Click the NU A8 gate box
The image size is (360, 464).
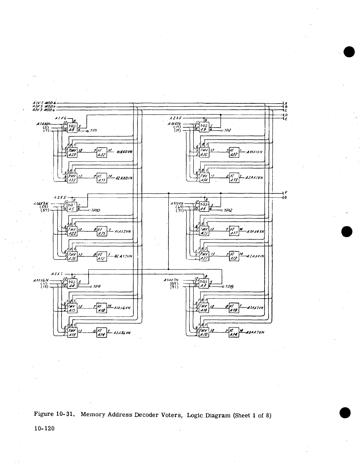pyautogui.click(x=72, y=128)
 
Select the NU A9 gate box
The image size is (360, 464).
pyautogui.click(x=204, y=128)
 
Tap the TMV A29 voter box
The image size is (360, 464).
pyautogui.click(x=72, y=153)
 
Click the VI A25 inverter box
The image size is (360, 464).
pyautogui.click(x=101, y=231)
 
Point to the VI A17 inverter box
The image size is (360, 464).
pyautogui.click(x=234, y=231)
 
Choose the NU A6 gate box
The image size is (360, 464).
pyautogui.click(x=204, y=206)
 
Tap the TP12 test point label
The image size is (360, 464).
pyautogui.click(x=228, y=210)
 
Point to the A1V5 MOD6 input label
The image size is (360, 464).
pyautogui.click(x=44, y=103)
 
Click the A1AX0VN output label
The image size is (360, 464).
pyautogui.click(x=124, y=152)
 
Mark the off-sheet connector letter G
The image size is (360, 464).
pyautogui.click(x=285, y=197)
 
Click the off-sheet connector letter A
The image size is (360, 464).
pyautogui.click(x=286, y=103)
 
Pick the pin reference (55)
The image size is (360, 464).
pyautogui.click(x=45, y=207)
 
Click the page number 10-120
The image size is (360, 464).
pyautogui.click(x=44, y=429)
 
